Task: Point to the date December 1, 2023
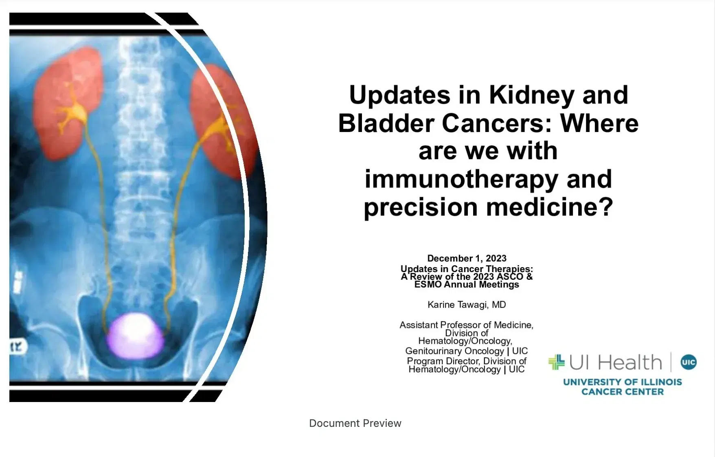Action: pyautogui.click(x=467, y=258)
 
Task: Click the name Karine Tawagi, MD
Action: pyautogui.click(x=467, y=305)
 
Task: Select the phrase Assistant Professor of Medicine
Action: pyautogui.click(x=466, y=325)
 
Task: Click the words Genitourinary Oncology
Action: pyautogui.click(x=454, y=351)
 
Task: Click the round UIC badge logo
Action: pyautogui.click(x=689, y=362)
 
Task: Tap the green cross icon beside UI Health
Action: pyautogui.click(x=556, y=362)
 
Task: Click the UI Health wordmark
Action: pyautogui.click(x=615, y=362)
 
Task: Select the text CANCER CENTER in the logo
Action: pyautogui.click(x=622, y=392)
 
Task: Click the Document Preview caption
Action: pyautogui.click(x=355, y=423)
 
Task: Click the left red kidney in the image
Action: pyautogui.click(x=67, y=104)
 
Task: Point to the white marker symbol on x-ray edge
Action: pyautogui.click(x=17, y=347)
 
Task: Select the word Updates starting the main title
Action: pyautogui.click(x=400, y=95)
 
